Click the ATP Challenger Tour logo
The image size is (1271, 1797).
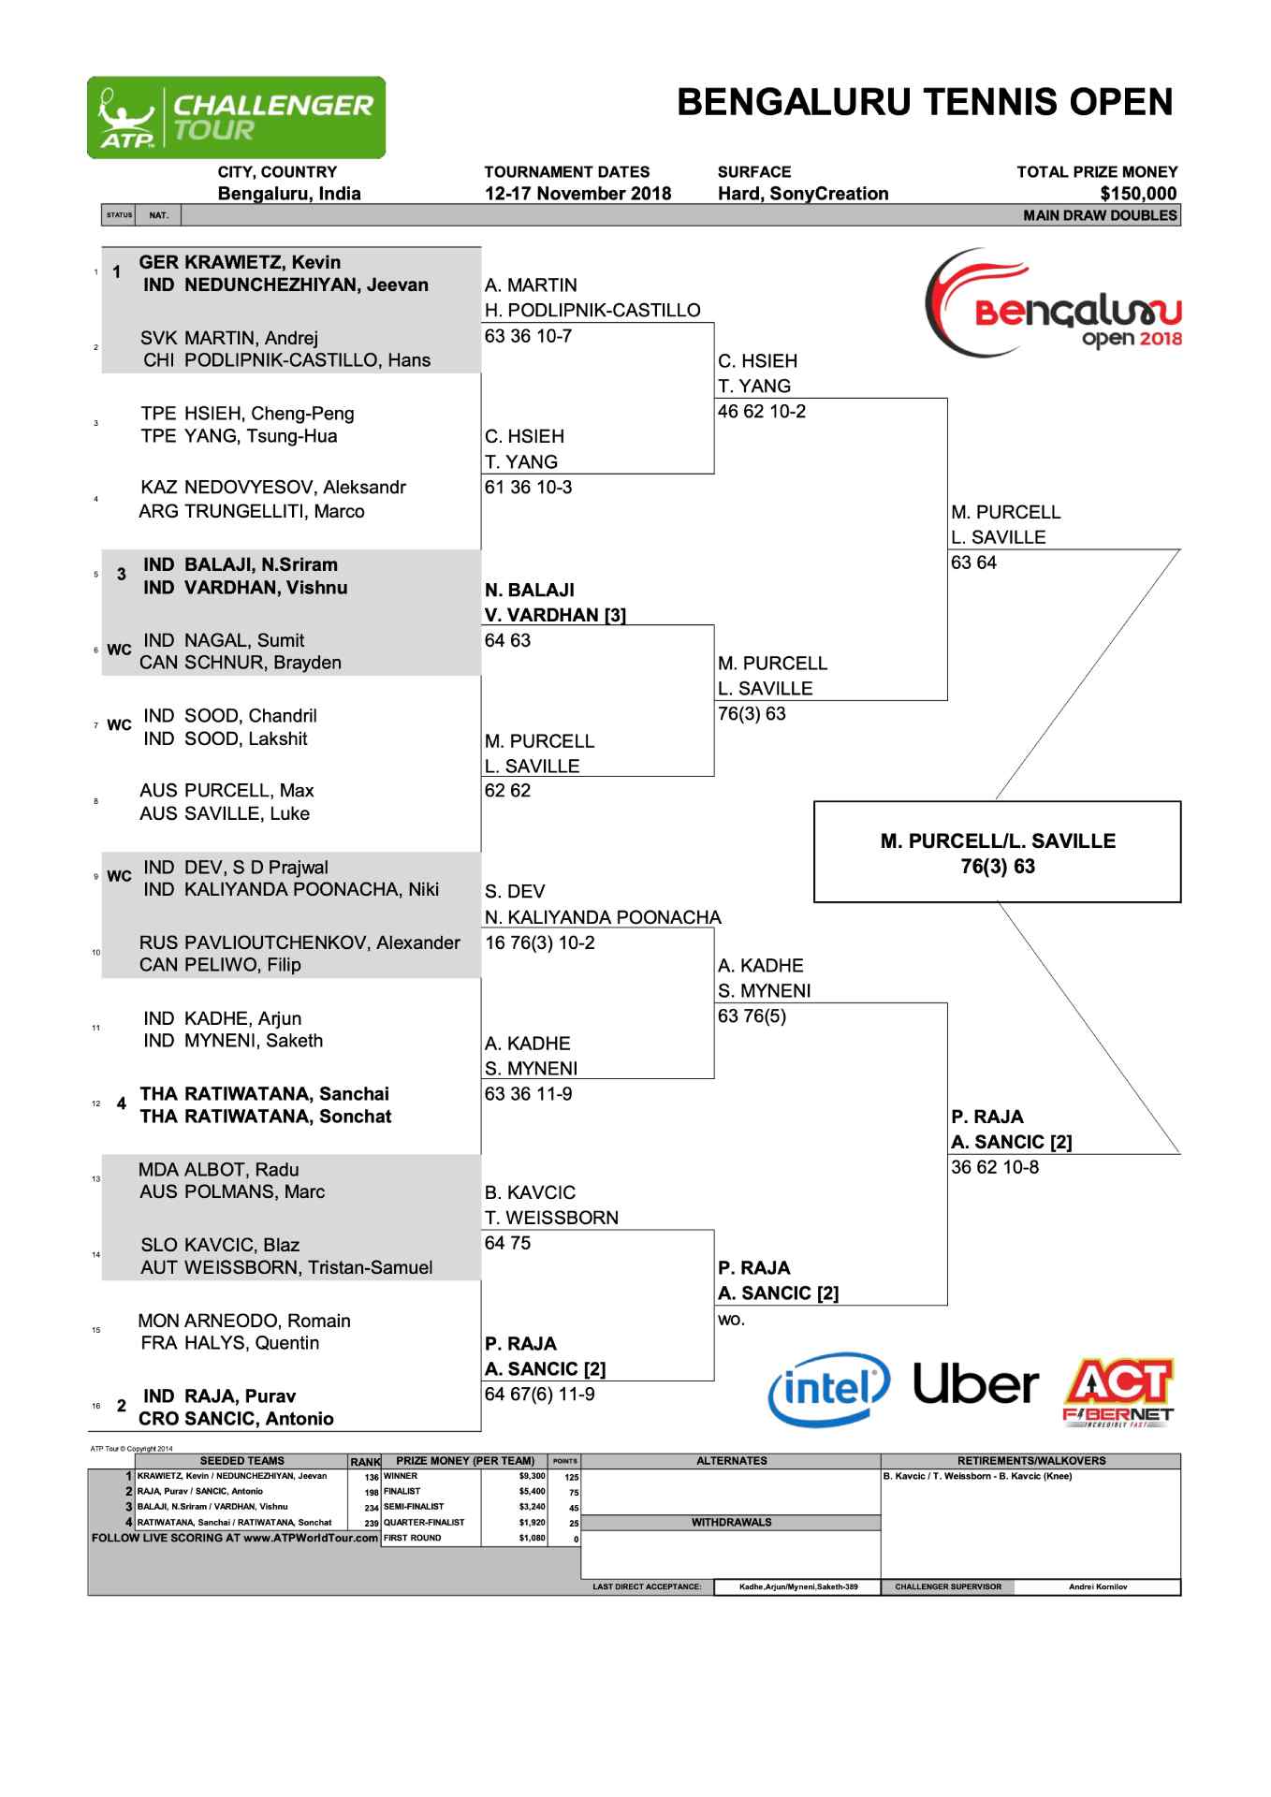(236, 118)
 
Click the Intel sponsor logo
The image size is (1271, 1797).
(827, 1389)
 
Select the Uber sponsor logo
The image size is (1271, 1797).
(975, 1384)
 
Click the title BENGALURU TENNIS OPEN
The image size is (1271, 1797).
(924, 102)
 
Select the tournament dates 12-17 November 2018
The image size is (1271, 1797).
(577, 194)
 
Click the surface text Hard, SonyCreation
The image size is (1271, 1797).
(802, 194)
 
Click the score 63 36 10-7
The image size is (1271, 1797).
(528, 335)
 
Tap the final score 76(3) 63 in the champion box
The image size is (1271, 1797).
(998, 866)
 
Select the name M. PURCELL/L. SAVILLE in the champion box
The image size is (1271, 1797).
(998, 840)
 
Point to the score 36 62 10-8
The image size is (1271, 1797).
(994, 1167)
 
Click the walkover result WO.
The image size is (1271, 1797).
(731, 1320)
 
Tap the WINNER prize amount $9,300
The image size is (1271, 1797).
(532, 1476)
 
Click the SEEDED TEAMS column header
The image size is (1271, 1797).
(241, 1461)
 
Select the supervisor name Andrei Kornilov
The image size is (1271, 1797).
(1097, 1586)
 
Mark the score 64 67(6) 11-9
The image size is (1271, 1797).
(539, 1394)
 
